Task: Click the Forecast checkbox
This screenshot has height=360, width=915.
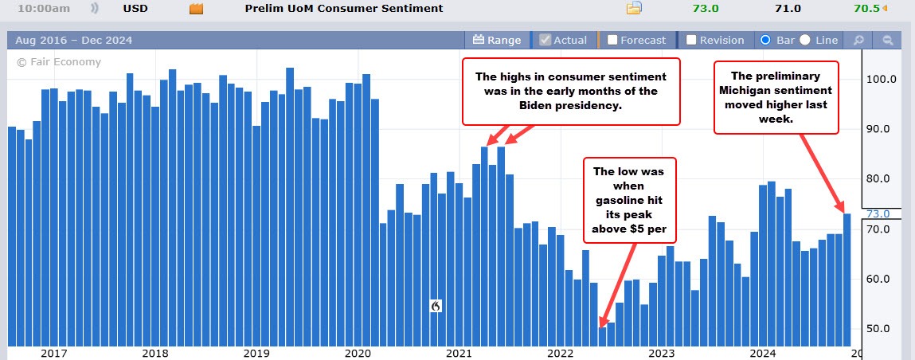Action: point(612,40)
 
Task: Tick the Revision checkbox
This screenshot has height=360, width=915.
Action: point(691,40)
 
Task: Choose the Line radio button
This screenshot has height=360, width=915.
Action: point(805,40)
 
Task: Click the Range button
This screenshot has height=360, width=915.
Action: point(496,40)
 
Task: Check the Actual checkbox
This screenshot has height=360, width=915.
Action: point(545,40)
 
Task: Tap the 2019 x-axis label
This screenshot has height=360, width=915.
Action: point(256,353)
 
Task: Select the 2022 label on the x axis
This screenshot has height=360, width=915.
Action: point(561,353)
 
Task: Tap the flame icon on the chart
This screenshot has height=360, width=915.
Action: point(436,306)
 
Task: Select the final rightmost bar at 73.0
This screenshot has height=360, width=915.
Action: point(847,279)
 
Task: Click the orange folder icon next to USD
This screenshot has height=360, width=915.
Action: point(196,9)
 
